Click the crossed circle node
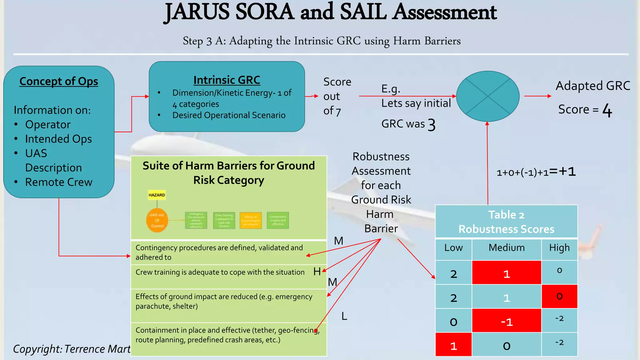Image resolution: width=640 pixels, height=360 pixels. (x=487, y=96)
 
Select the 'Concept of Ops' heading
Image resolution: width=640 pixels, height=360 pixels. (x=59, y=81)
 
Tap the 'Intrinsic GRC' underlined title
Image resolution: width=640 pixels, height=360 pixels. (x=227, y=80)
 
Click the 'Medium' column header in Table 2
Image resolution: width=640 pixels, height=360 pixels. (x=506, y=247)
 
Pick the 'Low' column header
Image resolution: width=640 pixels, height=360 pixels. (x=453, y=247)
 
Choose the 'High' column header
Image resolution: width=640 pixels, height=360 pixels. (x=559, y=247)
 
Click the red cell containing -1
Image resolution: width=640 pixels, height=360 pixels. (x=506, y=321)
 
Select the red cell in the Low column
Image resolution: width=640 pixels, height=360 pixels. (x=453, y=345)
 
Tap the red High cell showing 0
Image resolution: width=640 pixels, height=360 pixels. (x=559, y=296)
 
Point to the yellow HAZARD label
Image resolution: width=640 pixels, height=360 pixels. (x=157, y=195)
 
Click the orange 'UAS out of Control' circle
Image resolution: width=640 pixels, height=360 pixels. (x=157, y=220)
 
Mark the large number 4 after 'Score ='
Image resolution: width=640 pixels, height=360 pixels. (x=607, y=110)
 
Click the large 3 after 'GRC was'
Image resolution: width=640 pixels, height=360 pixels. (x=432, y=125)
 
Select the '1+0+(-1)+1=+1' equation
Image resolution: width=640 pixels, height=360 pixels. (x=536, y=172)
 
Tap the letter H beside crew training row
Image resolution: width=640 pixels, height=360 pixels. (x=317, y=272)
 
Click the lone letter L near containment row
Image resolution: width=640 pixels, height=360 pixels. (x=344, y=316)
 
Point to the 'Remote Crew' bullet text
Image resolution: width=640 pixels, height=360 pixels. (x=59, y=182)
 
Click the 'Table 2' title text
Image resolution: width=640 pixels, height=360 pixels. (x=506, y=215)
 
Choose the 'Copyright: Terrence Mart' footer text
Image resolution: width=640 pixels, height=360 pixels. (x=72, y=349)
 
